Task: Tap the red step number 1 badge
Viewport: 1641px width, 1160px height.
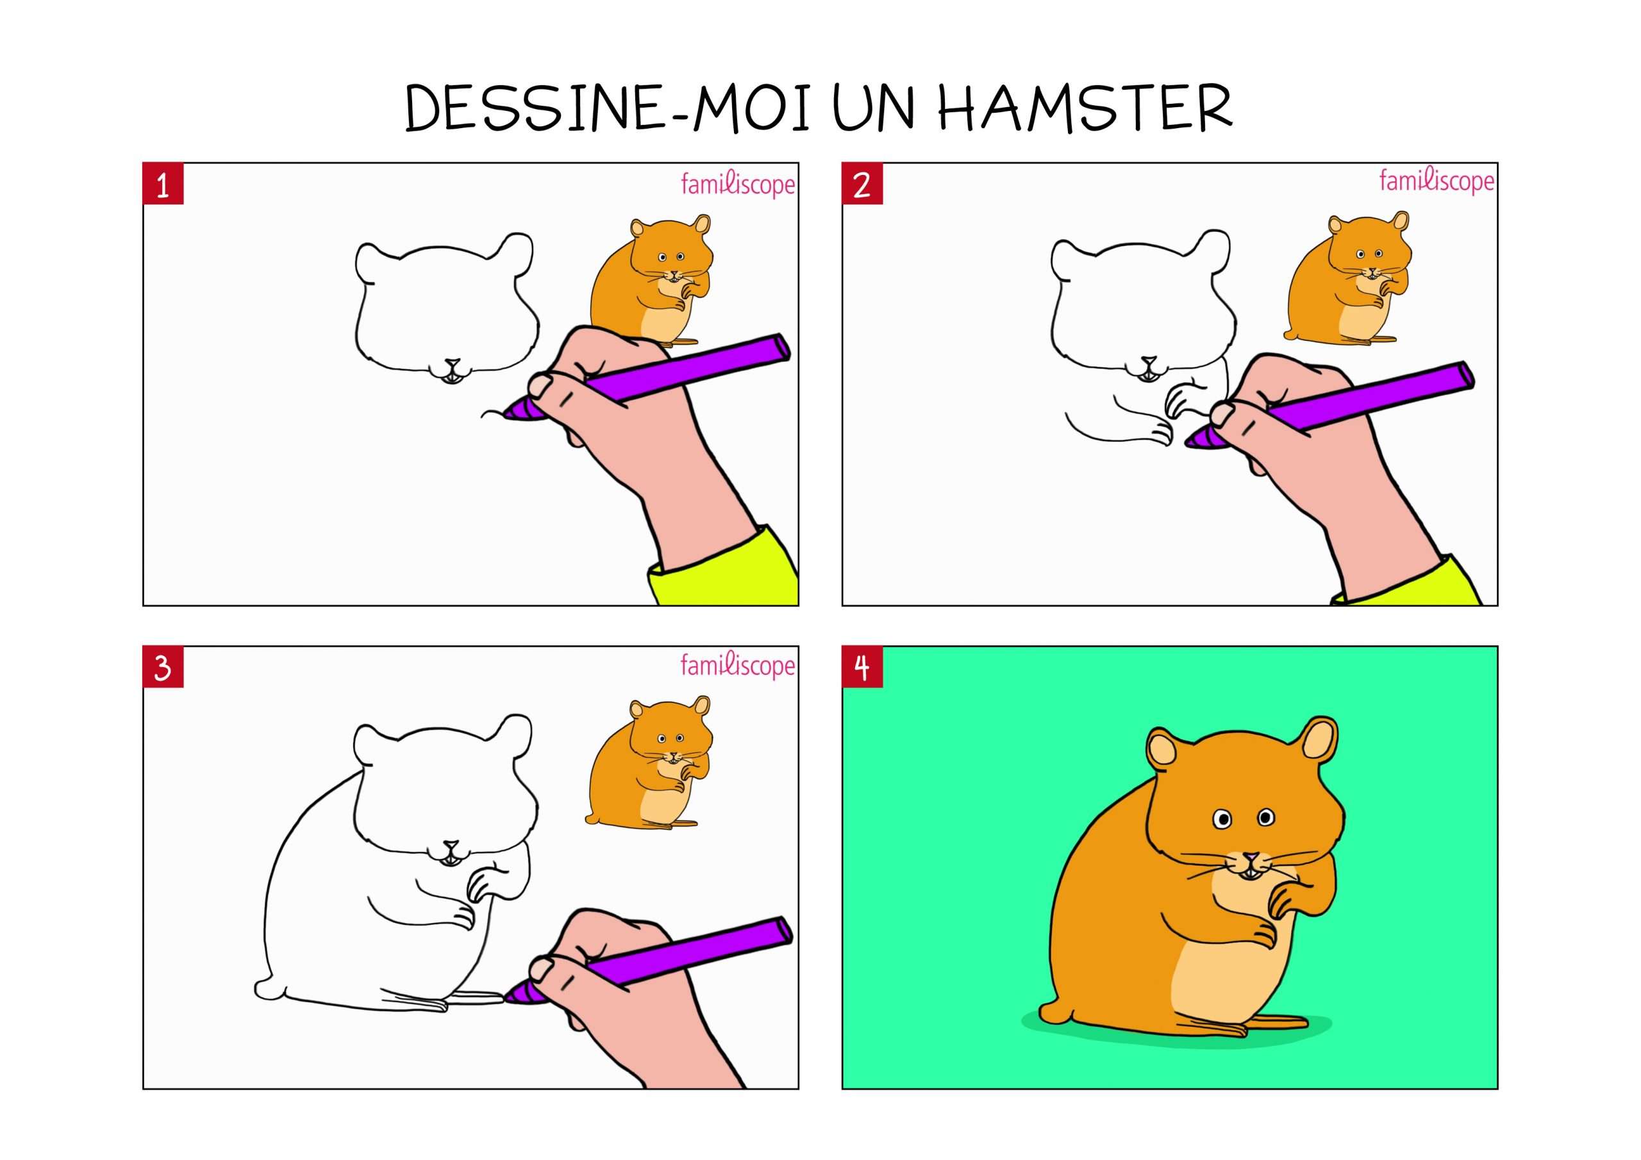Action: (x=163, y=185)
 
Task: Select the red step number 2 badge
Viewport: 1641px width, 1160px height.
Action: (x=862, y=185)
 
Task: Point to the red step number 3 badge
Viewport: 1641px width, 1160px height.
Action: (x=163, y=668)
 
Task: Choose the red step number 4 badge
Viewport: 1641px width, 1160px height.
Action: (x=862, y=668)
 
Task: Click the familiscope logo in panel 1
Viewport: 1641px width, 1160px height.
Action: (x=738, y=185)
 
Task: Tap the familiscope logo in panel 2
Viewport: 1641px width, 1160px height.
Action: (x=1437, y=181)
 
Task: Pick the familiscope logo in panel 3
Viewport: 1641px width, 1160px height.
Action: (x=738, y=666)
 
